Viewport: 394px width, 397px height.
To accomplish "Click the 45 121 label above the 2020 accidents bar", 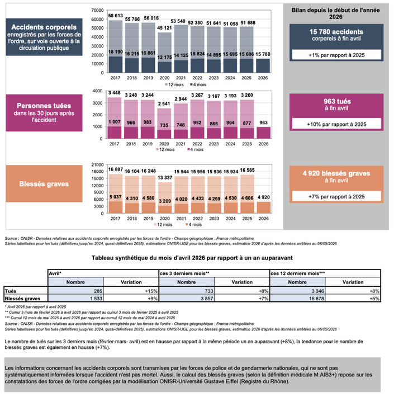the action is tap(164, 28).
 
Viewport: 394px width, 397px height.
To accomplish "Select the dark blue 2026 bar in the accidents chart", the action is tap(263, 65).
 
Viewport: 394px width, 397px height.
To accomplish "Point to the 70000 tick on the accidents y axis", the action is tap(98, 11).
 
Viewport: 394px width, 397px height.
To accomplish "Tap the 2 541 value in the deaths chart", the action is tap(164, 104).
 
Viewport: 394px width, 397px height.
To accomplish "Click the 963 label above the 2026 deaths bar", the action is tap(263, 122).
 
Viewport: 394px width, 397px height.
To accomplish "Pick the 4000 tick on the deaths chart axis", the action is tap(98, 91).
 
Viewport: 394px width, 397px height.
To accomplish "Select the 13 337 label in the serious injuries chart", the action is tap(165, 178).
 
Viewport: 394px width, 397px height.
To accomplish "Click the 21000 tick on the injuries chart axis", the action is tap(98, 165).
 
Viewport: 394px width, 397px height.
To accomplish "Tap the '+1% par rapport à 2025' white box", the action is tap(336, 55).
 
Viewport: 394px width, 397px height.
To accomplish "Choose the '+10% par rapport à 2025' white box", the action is tap(336, 124).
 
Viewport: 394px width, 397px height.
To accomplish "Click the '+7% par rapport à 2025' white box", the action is tap(336, 196).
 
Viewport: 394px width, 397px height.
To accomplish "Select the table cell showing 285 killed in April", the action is tap(75, 291).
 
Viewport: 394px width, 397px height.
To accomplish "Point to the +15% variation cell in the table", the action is tap(131, 291).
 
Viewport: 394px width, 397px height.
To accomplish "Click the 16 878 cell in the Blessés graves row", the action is tap(297, 299).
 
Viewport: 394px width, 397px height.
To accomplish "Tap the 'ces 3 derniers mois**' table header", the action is tap(184, 273).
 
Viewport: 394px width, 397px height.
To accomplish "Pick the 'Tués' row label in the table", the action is tap(11, 291).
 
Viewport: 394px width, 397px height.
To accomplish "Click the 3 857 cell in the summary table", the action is tap(187, 299).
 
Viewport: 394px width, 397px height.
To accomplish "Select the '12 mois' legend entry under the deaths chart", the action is tap(165, 150).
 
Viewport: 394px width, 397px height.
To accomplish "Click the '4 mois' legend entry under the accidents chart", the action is tap(198, 84).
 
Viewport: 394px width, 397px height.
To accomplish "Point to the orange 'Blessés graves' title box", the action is tap(44, 183).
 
